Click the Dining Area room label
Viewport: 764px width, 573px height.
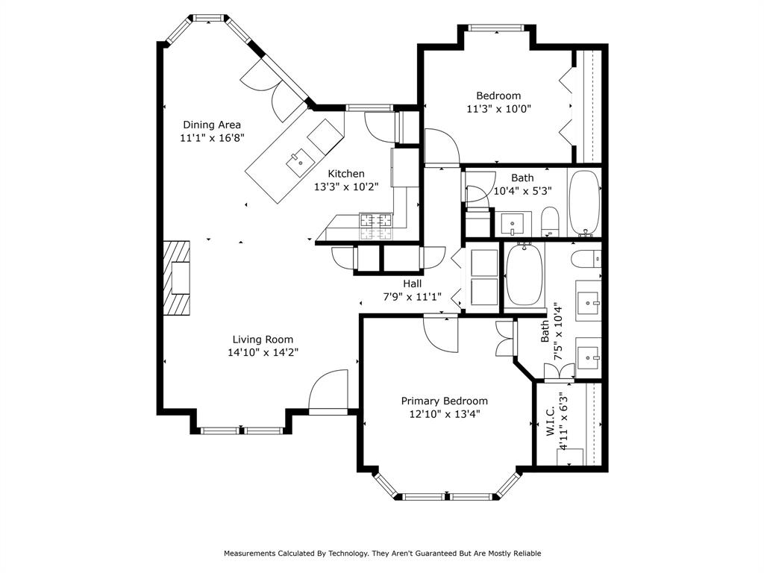point(212,125)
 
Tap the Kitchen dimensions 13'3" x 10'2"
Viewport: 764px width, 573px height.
point(346,187)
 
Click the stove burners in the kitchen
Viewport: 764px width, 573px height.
point(376,221)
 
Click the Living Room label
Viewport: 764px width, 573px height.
point(262,339)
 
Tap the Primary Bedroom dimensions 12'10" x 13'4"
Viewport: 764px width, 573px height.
point(444,414)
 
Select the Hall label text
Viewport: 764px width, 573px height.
point(412,284)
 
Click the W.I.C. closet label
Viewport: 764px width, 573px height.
point(549,422)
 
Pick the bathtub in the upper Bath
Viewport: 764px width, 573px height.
point(583,203)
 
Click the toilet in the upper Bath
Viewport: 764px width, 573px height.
point(550,222)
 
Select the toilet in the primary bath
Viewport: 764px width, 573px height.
point(586,258)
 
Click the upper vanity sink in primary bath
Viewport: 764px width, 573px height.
point(589,301)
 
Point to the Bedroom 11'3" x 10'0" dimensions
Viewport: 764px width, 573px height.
point(498,108)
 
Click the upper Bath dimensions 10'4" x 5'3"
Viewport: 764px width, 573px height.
point(522,190)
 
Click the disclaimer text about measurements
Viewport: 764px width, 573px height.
point(382,554)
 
